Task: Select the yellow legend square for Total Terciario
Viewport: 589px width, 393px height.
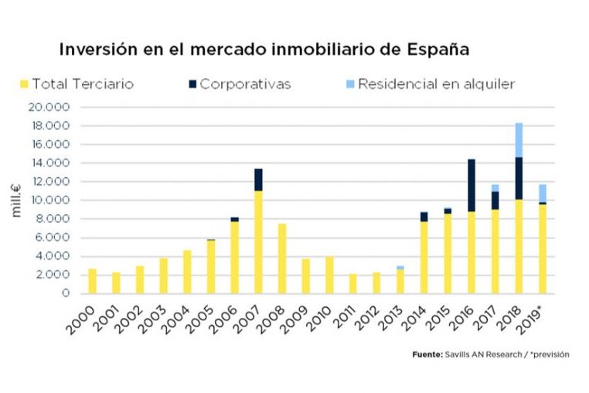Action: pyautogui.click(x=24, y=83)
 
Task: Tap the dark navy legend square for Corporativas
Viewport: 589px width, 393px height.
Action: pyautogui.click(x=191, y=83)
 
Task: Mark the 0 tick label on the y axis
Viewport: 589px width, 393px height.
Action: pyautogui.click(x=67, y=293)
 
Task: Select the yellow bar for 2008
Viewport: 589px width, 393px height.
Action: pyautogui.click(x=282, y=258)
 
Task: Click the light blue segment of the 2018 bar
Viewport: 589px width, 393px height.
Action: pyautogui.click(x=519, y=140)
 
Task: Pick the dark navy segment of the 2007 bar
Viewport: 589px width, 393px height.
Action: pyautogui.click(x=259, y=179)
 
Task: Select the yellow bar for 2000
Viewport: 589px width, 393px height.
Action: pyautogui.click(x=93, y=281)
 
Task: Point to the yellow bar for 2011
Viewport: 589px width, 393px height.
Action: pyautogui.click(x=353, y=283)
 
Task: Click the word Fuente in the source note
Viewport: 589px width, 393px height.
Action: pyautogui.click(x=427, y=354)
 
